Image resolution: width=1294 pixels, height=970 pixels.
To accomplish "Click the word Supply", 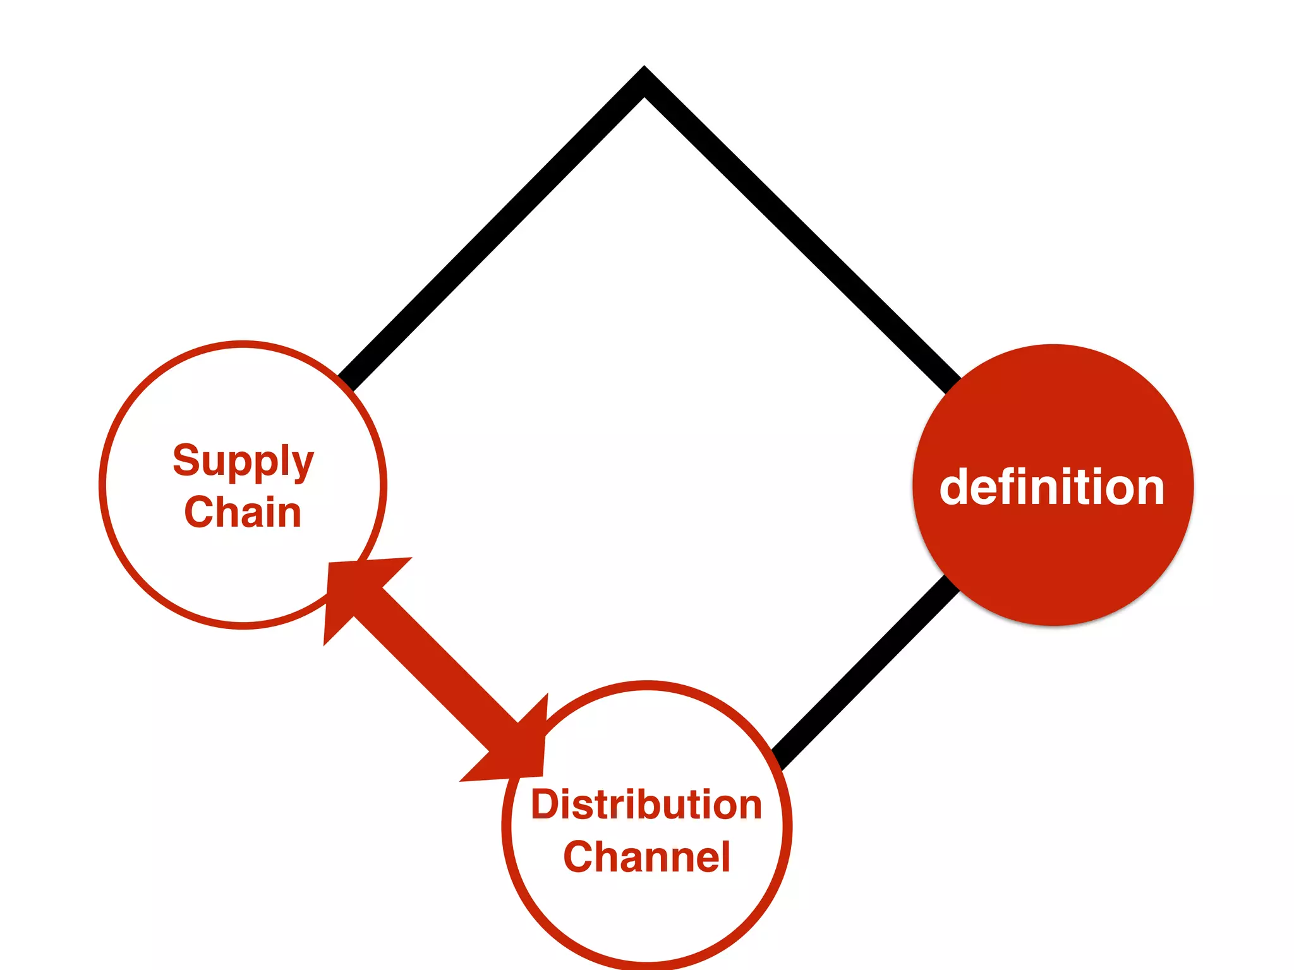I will click(243, 461).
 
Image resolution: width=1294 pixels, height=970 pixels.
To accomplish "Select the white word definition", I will click(1052, 488).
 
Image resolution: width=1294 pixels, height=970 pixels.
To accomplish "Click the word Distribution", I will click(646, 805).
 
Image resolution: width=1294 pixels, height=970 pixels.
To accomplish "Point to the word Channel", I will click(646, 857).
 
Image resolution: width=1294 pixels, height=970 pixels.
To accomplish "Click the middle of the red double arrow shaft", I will click(436, 669).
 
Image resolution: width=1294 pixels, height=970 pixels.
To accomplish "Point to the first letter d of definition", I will click(954, 488).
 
